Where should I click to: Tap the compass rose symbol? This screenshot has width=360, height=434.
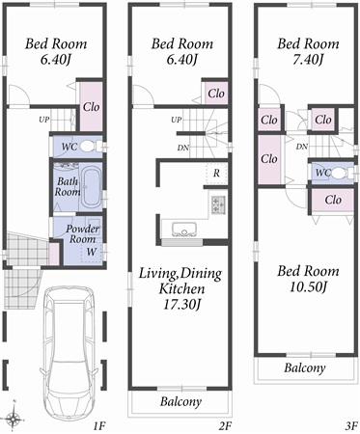point(14,418)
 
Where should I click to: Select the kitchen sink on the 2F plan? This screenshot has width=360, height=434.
point(184,230)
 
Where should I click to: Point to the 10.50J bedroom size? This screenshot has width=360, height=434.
point(307,286)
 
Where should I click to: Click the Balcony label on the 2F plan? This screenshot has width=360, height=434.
point(180,401)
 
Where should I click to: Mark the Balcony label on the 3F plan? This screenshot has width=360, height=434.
point(304,368)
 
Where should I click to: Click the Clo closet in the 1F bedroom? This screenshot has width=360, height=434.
point(93,109)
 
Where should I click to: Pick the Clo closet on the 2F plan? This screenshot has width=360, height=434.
point(215,94)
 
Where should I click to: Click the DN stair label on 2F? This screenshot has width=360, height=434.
point(183,148)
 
